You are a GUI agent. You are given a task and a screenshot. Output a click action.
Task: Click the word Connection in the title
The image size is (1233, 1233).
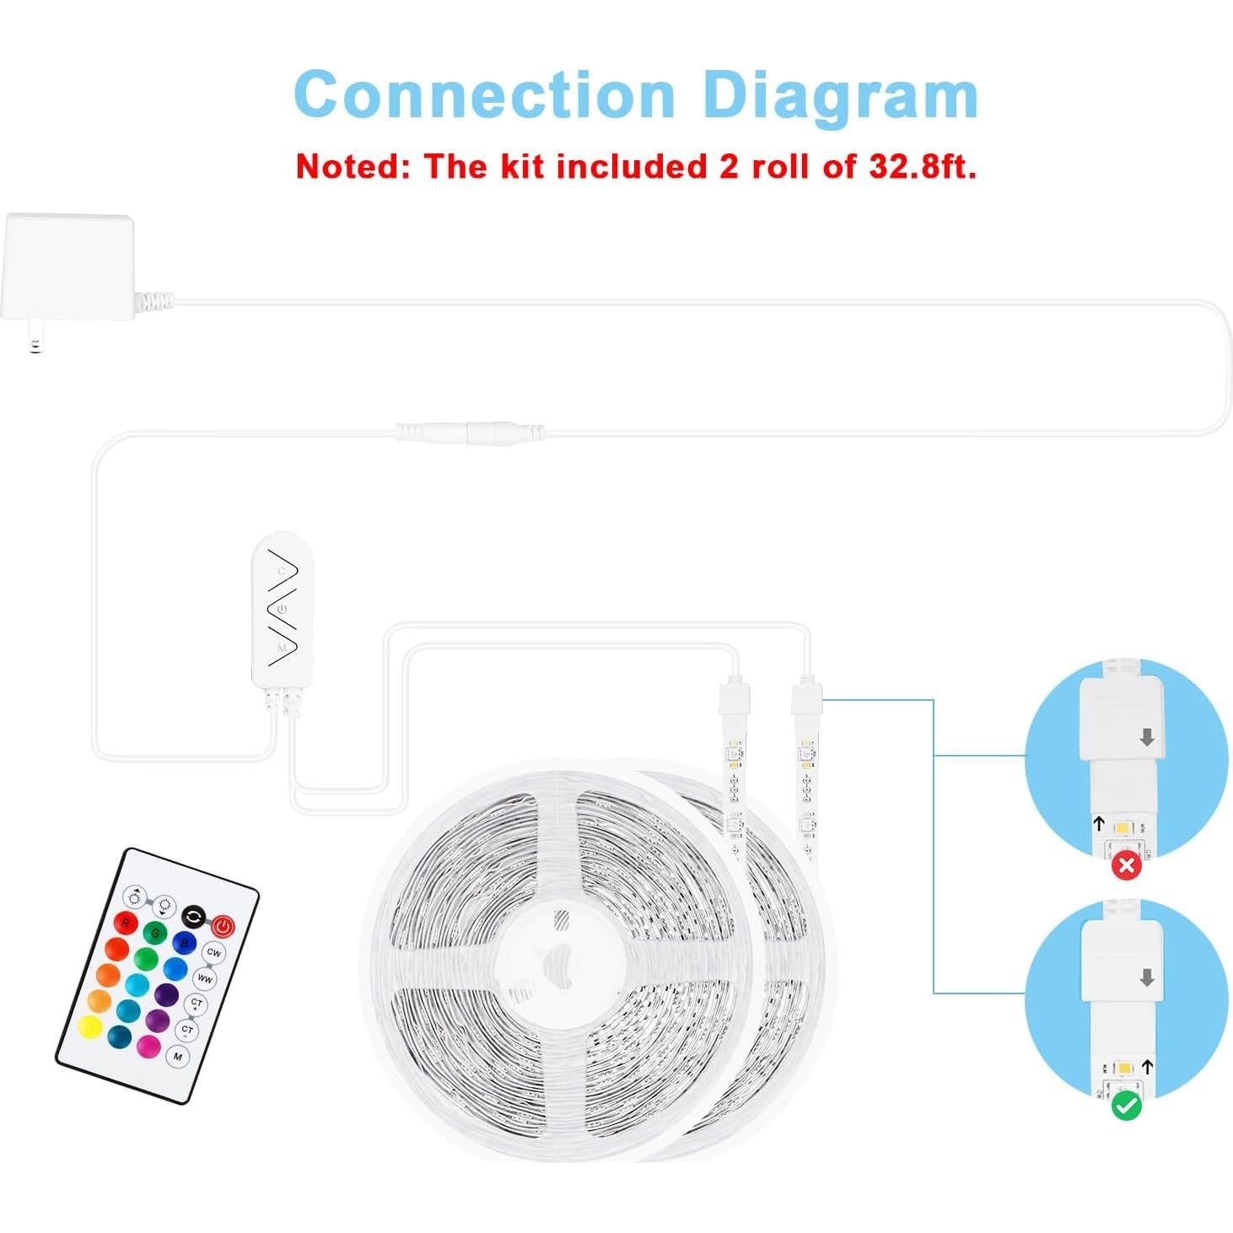[x=484, y=94]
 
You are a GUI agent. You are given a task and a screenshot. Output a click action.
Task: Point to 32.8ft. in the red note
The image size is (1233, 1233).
[x=923, y=166]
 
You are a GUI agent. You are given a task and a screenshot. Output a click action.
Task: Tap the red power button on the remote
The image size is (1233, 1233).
[x=223, y=926]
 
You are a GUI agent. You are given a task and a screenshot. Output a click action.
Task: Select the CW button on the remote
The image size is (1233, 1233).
[x=213, y=952]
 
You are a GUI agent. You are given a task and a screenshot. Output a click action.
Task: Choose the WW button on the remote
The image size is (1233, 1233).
[x=205, y=978]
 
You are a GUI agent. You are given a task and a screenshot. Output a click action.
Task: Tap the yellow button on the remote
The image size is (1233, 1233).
[x=90, y=1027]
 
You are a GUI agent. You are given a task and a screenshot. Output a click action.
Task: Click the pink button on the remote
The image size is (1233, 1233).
[x=148, y=1047]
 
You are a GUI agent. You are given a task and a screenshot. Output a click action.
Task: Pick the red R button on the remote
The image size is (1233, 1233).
[x=126, y=923]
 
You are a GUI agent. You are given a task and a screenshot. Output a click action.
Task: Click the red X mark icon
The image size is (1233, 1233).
[x=1127, y=865]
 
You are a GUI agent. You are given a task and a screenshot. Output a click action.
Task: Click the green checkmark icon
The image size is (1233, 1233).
[x=1127, y=1106]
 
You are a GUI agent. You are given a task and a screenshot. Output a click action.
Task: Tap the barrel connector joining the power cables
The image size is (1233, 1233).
[x=470, y=432]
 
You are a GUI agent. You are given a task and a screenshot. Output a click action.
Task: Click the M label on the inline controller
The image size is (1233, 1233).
[x=281, y=648]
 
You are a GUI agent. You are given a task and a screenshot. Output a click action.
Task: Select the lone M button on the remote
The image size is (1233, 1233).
[x=178, y=1056]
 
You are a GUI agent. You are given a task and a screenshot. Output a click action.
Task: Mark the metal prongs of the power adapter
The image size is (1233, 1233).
[x=34, y=344]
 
